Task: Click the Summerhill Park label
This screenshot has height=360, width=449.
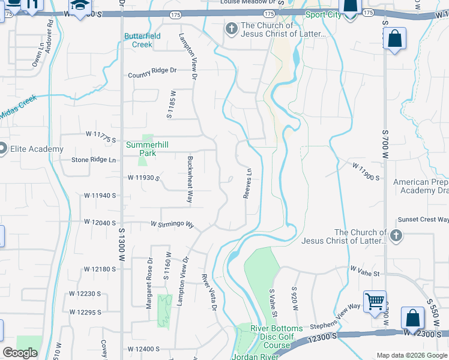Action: pos(142,149)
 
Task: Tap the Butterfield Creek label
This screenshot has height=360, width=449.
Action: pos(142,40)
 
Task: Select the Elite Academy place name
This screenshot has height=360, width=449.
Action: pos(37,149)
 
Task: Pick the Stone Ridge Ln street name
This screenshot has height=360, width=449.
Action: pos(94,160)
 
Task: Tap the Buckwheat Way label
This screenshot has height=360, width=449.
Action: pos(190,179)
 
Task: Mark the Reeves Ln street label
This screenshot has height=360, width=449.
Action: pos(247,184)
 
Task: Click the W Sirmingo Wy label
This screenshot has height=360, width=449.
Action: pos(172,224)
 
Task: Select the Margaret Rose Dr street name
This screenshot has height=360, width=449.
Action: pos(149,283)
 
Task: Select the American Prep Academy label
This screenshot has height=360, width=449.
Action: pos(421,186)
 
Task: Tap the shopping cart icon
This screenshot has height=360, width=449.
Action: pos(375,301)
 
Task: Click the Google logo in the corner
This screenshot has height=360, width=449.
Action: pos(20,353)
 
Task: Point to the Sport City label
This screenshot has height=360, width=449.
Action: pos(323,14)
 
